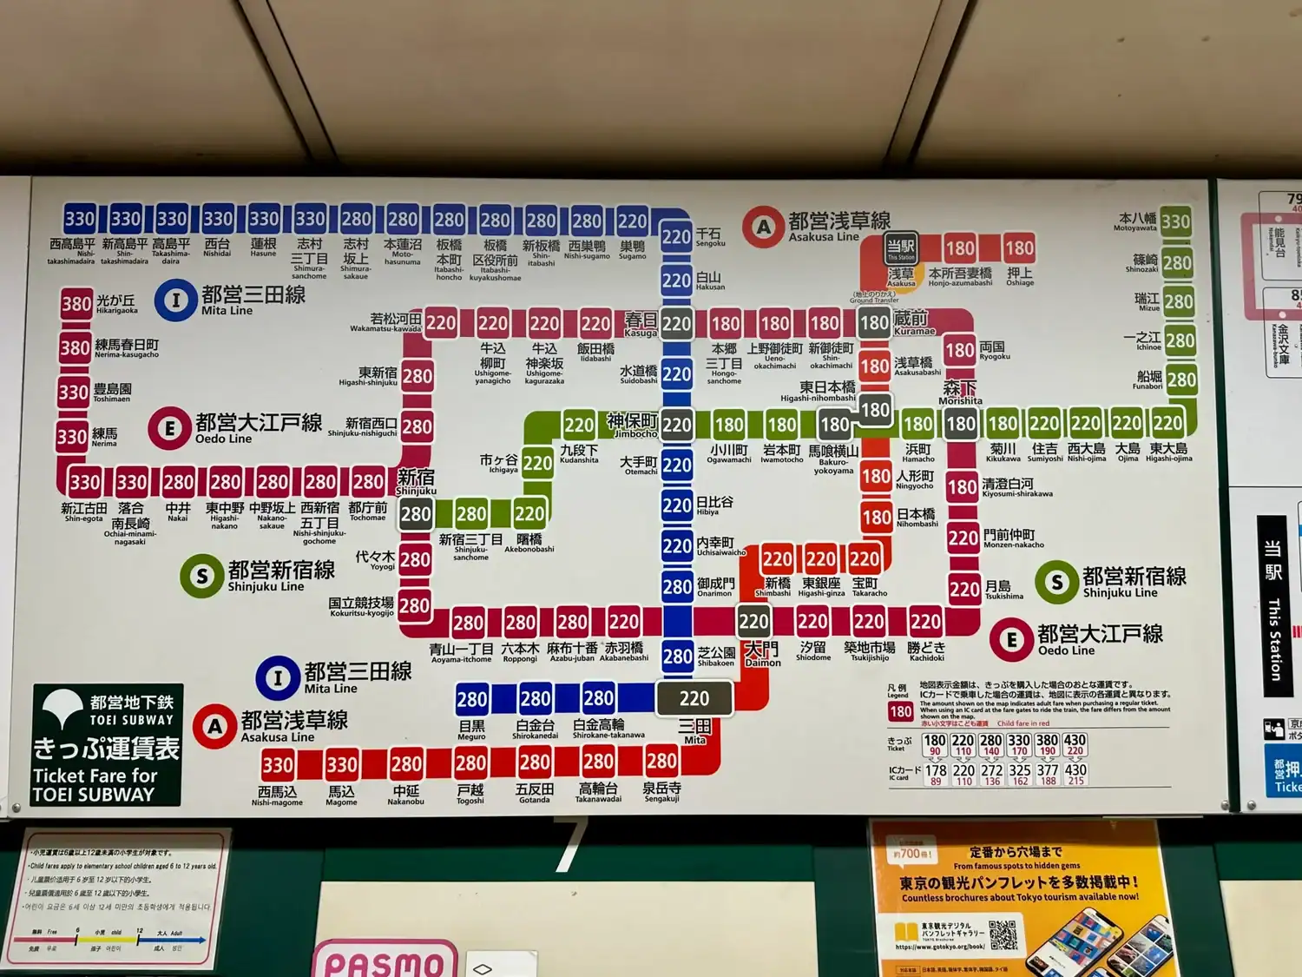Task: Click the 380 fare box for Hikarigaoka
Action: pyautogui.click(x=76, y=304)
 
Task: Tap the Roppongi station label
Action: pyautogui.click(x=520, y=651)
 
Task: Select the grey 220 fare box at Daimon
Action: pyautogui.click(x=753, y=621)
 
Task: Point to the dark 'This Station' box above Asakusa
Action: pyautogui.click(x=900, y=248)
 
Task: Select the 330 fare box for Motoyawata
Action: pyautogui.click(x=1175, y=221)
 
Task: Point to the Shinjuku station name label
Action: pyautogui.click(x=416, y=481)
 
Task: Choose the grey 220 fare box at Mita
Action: pyautogui.click(x=694, y=698)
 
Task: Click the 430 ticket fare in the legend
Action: pyautogui.click(x=1075, y=744)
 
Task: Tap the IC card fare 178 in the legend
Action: pyautogui.click(x=936, y=773)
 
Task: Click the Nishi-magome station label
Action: pyautogui.click(x=277, y=795)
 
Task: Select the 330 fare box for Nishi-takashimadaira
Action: pyautogui.click(x=80, y=219)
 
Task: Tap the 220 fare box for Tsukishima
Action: pyautogui.click(x=963, y=590)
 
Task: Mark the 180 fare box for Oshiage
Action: pyautogui.click(x=1019, y=248)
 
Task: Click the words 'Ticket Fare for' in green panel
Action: pyautogui.click(x=95, y=776)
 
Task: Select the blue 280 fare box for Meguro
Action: pyautogui.click(x=471, y=699)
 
